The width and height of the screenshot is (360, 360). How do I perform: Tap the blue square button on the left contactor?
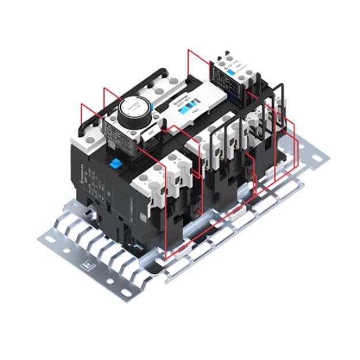point(117,163)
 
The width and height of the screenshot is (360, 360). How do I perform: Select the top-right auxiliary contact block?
point(236,72)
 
